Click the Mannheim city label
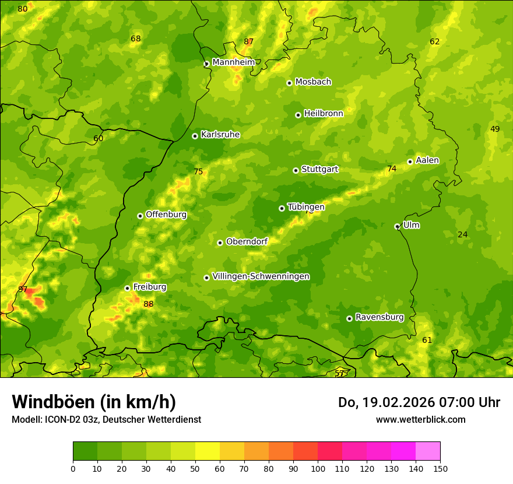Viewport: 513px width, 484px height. [233, 62]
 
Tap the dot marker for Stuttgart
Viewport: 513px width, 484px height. [296, 170]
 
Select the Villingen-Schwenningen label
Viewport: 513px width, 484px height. [261, 276]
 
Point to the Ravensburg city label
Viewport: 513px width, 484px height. [379, 317]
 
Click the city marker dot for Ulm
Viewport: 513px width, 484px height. [397, 226]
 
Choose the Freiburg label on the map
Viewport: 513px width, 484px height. [149, 287]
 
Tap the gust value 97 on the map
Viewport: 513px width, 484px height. [23, 290]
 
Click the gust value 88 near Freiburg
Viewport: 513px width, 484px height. [149, 304]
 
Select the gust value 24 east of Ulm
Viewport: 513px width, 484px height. [462, 235]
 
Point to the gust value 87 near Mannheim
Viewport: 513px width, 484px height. [249, 42]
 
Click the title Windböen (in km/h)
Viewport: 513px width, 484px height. [93, 402]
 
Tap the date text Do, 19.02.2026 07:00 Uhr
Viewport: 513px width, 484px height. [419, 402]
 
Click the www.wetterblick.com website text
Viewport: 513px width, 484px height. [420, 420]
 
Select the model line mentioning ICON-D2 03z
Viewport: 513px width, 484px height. [106, 420]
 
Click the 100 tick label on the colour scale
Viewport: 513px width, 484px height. [318, 468]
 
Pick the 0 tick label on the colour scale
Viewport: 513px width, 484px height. [73, 468]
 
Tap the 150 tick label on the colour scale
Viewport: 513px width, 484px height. [440, 468]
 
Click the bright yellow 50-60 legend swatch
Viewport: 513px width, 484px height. [208, 451]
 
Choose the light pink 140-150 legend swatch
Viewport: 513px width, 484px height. [428, 451]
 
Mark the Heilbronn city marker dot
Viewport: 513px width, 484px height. [298, 115]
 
